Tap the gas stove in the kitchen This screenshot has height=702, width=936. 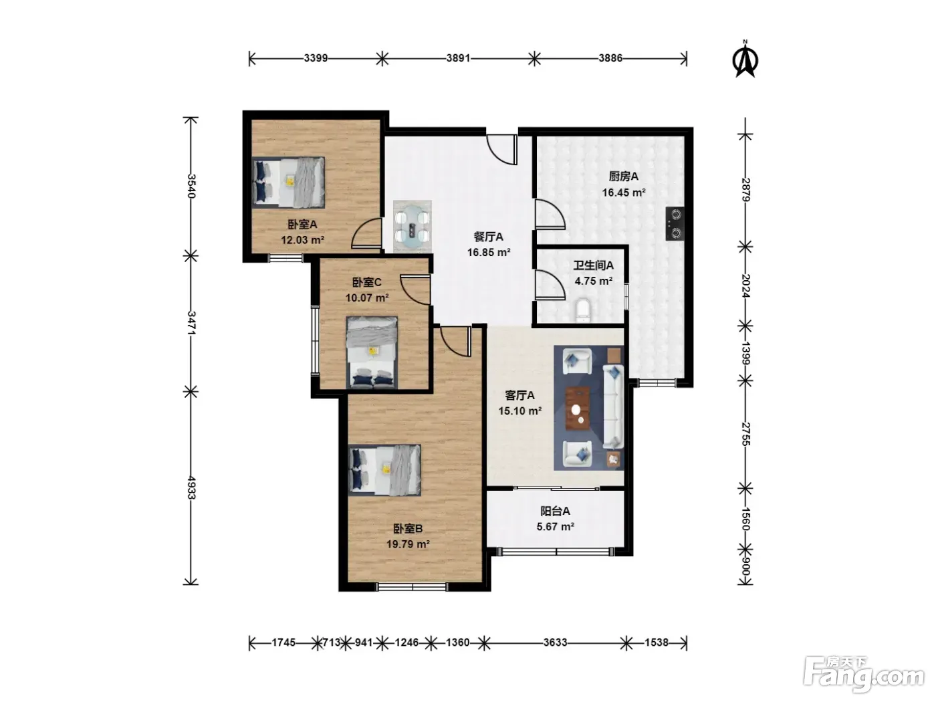click(675, 223)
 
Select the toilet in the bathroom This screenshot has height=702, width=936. click(582, 310)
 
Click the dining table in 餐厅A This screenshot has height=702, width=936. click(412, 226)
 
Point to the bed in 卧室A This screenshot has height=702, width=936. click(288, 183)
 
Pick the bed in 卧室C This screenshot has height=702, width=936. click(372, 352)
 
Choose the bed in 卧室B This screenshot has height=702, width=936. click(384, 470)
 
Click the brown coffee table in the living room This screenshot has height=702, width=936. click(578, 408)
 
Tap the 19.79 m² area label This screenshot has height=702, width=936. click(408, 544)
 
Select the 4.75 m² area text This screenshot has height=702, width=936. click(594, 281)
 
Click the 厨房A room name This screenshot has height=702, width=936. click(623, 177)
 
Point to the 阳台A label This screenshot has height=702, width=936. click(555, 511)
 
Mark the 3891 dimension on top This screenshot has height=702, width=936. click(458, 58)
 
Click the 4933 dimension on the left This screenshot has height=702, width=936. click(191, 487)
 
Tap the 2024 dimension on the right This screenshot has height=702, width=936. click(745, 285)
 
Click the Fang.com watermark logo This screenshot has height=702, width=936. click(863, 677)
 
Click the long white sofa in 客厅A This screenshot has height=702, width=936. click(613, 406)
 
